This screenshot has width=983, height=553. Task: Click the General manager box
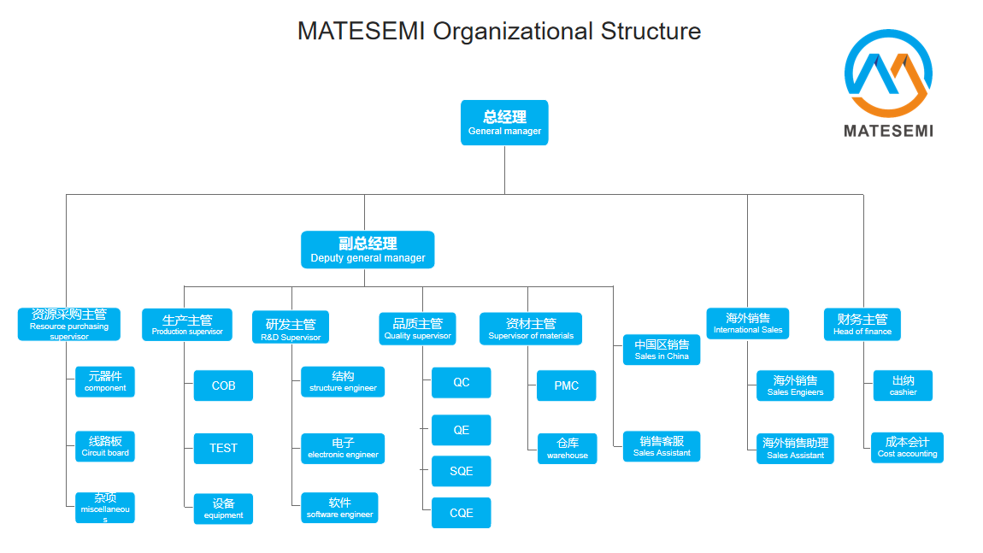tap(504, 123)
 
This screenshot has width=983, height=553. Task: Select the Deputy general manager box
tap(368, 250)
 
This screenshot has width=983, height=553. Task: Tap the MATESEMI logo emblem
tap(888, 73)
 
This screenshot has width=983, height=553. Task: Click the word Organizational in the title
tap(513, 31)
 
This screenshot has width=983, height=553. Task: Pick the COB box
tap(223, 385)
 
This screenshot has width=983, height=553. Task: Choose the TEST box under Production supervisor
tap(223, 448)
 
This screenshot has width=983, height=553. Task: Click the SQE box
tap(461, 472)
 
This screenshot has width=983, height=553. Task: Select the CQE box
tap(461, 513)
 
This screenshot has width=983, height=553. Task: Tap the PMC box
tap(566, 385)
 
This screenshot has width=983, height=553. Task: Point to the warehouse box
tap(567, 448)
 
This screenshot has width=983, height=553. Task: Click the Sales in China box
tap(662, 350)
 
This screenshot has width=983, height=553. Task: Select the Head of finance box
tap(862, 324)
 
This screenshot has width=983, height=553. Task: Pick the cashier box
tap(903, 385)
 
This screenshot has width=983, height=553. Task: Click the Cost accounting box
tap(907, 448)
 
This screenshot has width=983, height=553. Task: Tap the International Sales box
tap(747, 324)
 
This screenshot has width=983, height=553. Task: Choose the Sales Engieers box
tap(795, 385)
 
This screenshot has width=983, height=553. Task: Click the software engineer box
tap(339, 508)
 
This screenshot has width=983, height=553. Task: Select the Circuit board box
tap(104, 446)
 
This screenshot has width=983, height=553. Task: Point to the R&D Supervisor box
tap(291, 327)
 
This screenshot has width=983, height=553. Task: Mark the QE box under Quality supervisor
tap(461, 430)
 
